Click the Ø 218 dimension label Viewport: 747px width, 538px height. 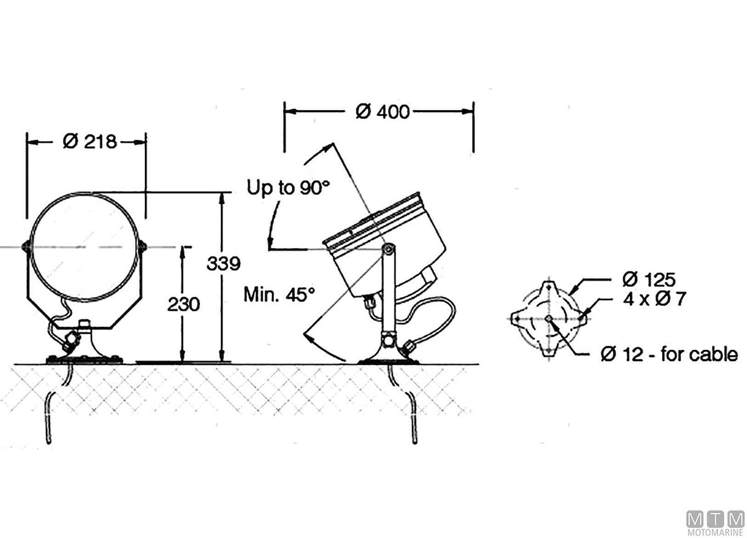90,142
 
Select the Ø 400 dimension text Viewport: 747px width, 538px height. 382,111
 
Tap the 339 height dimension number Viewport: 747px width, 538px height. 223,263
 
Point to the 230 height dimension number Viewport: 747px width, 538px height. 184,304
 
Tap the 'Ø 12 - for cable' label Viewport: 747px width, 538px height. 669,354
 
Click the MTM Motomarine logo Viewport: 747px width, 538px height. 715,522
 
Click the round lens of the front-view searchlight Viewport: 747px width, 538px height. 85,247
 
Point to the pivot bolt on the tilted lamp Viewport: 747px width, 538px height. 388,250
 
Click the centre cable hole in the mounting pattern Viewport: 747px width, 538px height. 547,319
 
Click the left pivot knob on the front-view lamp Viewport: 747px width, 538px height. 26,247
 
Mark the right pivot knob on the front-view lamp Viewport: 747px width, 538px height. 143,247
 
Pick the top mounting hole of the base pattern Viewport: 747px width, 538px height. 547,286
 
